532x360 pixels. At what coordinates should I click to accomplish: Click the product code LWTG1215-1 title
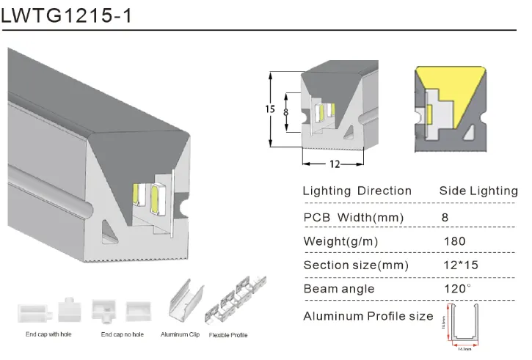[67, 15]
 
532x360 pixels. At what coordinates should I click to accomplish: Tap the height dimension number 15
[270, 109]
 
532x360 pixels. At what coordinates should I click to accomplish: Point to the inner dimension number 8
[287, 112]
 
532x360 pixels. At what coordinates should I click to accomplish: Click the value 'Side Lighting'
[478, 191]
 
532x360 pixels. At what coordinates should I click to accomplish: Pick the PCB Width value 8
[445, 218]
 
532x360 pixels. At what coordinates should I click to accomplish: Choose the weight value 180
[454, 241]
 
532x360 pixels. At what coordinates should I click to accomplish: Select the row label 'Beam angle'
[339, 289]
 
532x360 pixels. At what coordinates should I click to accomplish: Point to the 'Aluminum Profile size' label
[368, 317]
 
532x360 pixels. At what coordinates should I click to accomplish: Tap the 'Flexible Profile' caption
[228, 335]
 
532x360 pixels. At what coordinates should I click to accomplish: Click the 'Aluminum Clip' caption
[181, 335]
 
